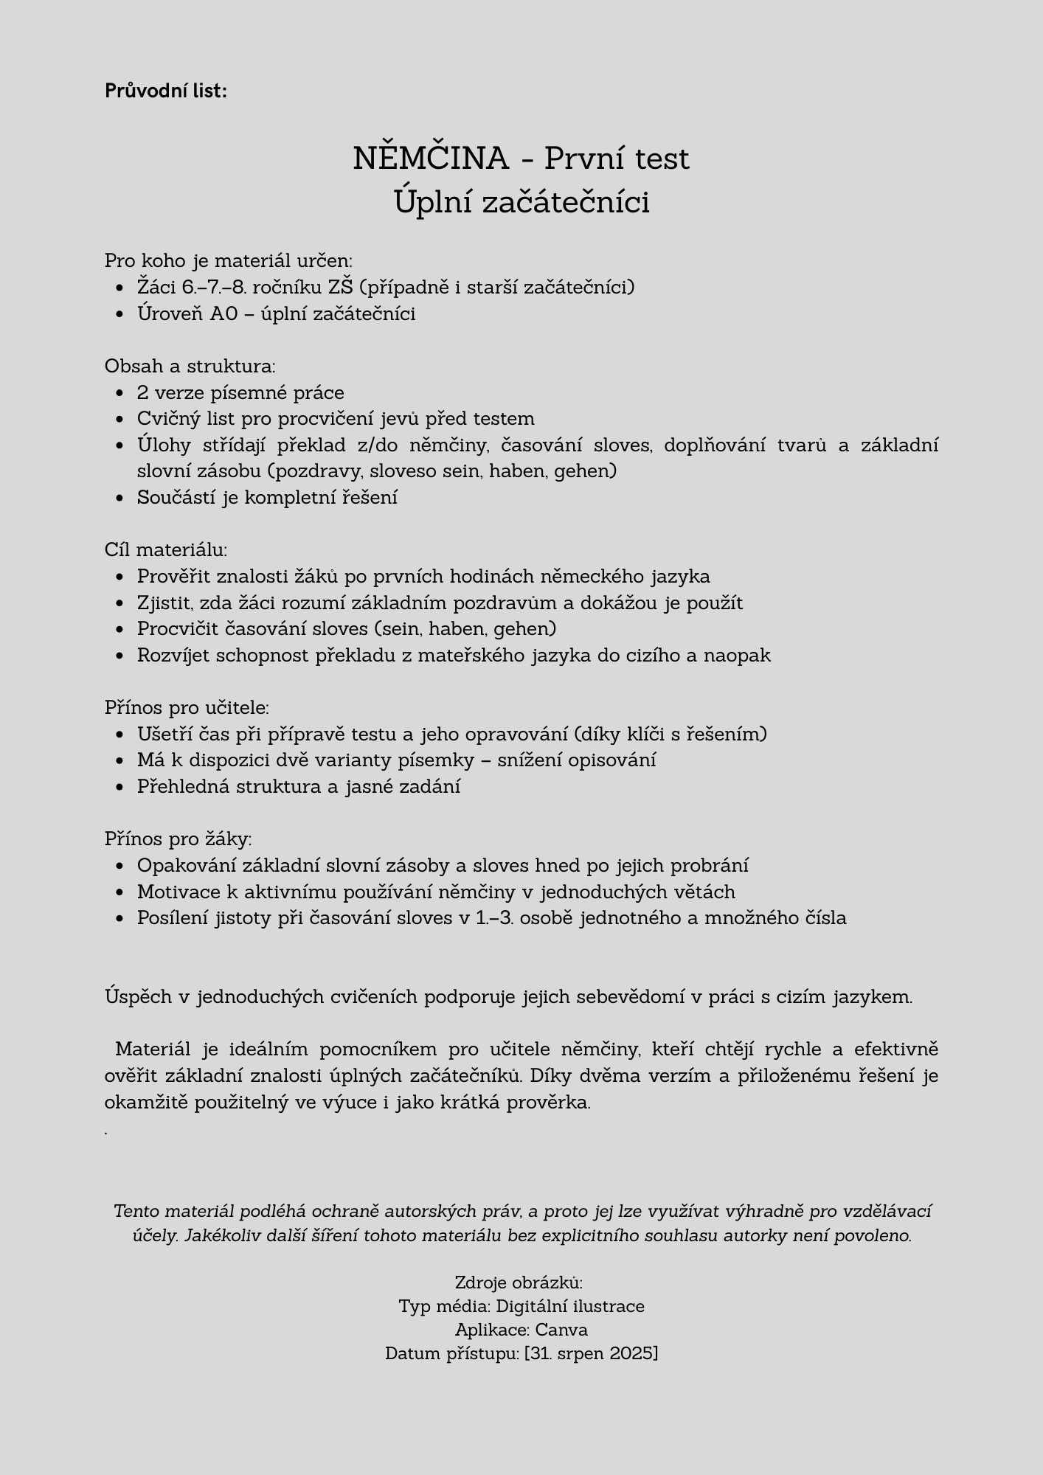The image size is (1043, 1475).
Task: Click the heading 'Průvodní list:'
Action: pyautogui.click(x=165, y=91)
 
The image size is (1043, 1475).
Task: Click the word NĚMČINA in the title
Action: pyautogui.click(x=431, y=159)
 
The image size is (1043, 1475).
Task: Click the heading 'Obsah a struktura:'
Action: pyautogui.click(x=190, y=367)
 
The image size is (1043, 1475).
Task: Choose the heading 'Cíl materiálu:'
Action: pyautogui.click(x=166, y=550)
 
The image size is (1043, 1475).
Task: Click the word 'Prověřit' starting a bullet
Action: pyautogui.click(x=174, y=577)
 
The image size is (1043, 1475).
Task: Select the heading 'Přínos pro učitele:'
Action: pyautogui.click(x=187, y=708)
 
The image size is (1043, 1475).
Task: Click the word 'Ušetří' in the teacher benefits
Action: pyautogui.click(x=163, y=735)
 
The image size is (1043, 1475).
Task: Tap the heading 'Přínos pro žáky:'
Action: pyautogui.click(x=178, y=839)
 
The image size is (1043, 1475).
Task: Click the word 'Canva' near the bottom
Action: pyautogui.click(x=561, y=1330)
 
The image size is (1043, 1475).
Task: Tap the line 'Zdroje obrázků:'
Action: pyautogui.click(x=519, y=1283)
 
